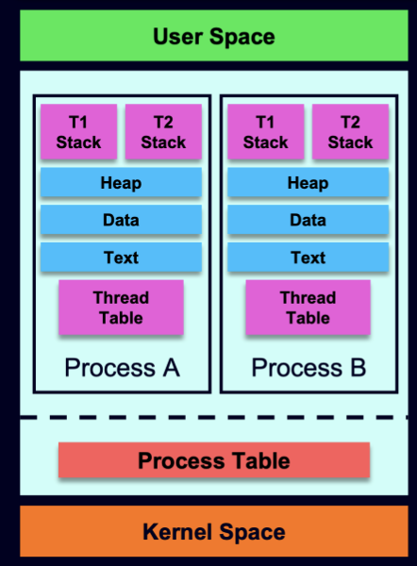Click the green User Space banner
point(214,36)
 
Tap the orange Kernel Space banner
point(214,531)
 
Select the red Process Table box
point(214,460)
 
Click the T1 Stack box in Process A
point(78,132)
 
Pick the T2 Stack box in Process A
point(163,132)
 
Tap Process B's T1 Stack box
point(266,132)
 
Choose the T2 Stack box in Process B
point(351,132)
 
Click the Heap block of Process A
point(122,182)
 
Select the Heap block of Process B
point(309,182)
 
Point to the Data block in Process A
point(122,220)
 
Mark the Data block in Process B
point(309,220)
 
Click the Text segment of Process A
point(122,258)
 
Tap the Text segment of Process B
point(309,258)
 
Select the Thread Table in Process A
point(122,308)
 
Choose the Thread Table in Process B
point(309,308)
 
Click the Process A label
point(122,368)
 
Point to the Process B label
point(309,368)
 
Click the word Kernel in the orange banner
point(177,532)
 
